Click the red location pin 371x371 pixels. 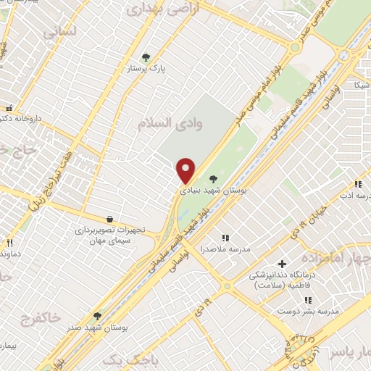point(186,170)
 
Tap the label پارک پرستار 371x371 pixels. point(147,68)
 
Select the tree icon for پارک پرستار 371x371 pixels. point(146,57)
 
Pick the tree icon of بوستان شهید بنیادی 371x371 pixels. point(212,178)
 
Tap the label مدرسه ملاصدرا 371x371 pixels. point(226,249)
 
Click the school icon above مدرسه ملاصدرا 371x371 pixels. point(225,237)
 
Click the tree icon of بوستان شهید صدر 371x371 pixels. point(97,317)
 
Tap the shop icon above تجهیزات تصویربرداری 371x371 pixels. point(109,219)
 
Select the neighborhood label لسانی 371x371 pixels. point(59,33)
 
